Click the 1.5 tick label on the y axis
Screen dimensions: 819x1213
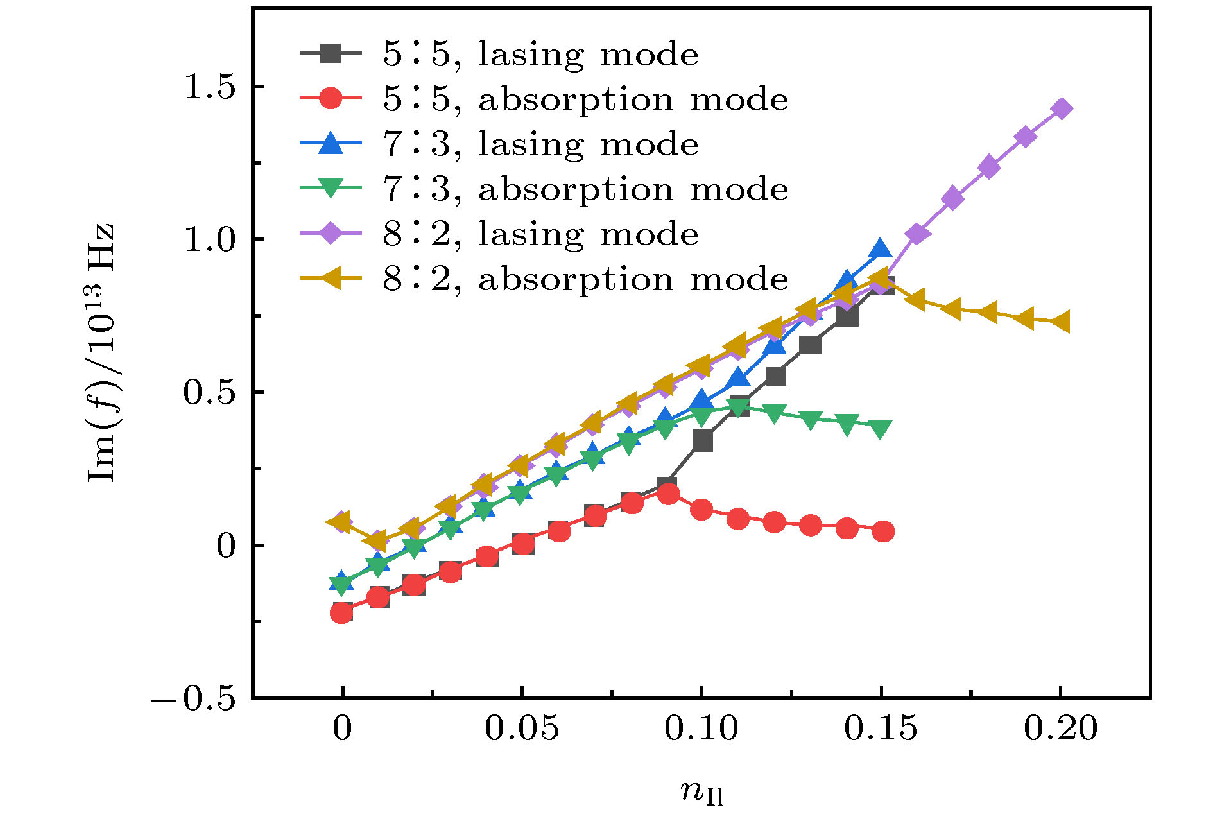211,87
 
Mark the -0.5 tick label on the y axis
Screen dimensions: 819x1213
194,698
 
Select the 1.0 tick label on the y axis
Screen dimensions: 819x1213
211,239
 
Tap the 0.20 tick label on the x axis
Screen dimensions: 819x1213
1060,728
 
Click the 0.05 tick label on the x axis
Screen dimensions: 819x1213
522,728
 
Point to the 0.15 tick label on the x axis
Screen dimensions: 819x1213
881,728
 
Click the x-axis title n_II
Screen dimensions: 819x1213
701,791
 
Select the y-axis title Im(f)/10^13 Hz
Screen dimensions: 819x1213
101,353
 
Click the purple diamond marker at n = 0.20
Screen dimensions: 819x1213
1062,108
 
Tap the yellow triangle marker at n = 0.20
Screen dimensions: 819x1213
1060,322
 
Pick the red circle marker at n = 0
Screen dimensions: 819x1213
342,613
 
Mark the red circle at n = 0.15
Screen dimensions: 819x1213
883,531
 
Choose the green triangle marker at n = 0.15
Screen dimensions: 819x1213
882,429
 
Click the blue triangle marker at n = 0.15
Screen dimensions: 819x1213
881,250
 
